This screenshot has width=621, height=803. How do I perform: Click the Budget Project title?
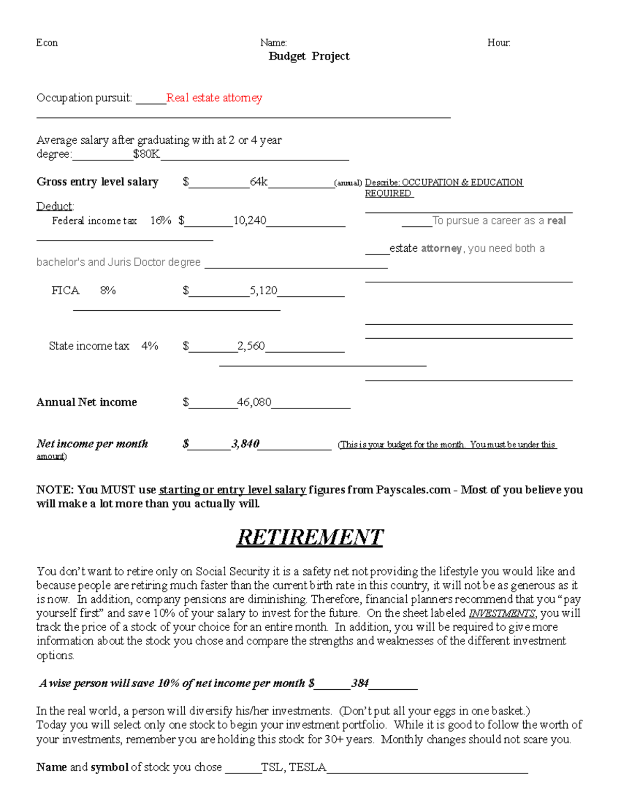309,56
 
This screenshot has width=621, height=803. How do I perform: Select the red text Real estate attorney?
214,98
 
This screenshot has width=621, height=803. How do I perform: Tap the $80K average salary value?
146,154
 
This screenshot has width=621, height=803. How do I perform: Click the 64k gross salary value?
259,181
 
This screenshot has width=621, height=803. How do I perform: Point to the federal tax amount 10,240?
249,221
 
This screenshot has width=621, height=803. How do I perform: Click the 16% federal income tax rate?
160,221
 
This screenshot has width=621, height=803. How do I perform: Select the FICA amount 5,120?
263,291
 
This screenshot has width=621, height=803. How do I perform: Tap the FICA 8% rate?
108,291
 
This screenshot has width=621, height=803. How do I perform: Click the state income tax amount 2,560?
251,346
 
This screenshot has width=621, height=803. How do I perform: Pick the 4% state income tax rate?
150,346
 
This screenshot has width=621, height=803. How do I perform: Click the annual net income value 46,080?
254,402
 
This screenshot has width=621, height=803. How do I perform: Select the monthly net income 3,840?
245,444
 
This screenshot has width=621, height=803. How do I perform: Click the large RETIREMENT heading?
309,537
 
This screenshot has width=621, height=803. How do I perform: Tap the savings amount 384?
360,683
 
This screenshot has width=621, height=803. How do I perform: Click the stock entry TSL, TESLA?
293,767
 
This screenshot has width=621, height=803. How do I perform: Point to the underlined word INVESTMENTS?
501,614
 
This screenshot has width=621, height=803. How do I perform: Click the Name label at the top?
273,43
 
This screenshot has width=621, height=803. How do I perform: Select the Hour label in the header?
499,43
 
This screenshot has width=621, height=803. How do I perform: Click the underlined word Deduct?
55,206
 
